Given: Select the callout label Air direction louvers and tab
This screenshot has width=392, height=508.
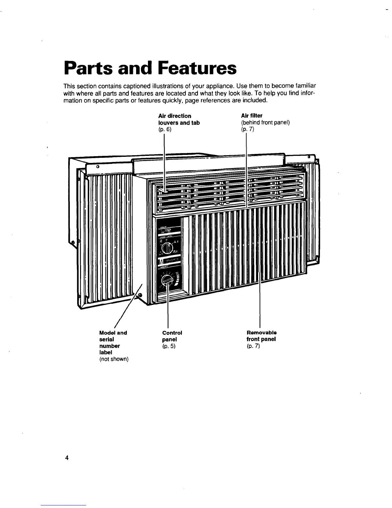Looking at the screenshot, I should coord(179,119).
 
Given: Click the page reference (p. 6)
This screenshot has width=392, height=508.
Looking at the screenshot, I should coord(165,130).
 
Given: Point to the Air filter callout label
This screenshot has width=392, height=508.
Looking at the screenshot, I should coord(252,116).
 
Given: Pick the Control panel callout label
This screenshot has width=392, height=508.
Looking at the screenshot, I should coord(172,336).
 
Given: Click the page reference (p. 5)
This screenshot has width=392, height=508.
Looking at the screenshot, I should coord(169,346).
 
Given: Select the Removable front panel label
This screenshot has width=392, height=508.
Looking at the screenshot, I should coord(261,336).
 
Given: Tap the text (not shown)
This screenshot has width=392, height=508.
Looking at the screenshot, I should coord(114,359).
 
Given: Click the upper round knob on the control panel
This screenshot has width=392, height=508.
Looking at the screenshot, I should coord(167,248).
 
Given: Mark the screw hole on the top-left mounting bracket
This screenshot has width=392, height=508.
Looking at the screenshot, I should coord(97,167).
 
